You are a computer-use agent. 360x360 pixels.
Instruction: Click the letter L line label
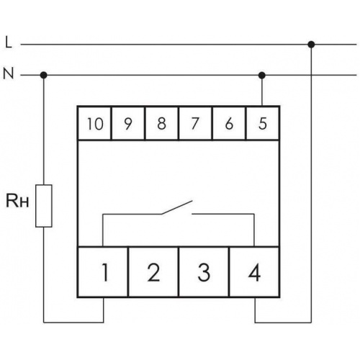pos(9,43)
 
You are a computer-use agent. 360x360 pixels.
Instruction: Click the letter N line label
pos(9,73)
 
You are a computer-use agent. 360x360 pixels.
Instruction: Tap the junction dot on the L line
pos(311,45)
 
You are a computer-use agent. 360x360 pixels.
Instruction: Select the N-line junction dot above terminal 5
pos(262,76)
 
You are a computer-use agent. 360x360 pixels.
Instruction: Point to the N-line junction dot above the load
pos(43,75)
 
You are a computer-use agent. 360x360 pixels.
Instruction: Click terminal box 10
pos(94,123)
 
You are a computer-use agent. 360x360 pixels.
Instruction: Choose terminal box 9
pos(128,123)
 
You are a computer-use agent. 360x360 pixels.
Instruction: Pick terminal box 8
pos(162,123)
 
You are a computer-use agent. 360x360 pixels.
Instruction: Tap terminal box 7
pos(195,123)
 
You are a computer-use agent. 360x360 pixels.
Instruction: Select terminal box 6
pos(229,123)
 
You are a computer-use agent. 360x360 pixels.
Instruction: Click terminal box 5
pos(263,123)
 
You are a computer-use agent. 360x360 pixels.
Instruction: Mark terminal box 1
pos(103,272)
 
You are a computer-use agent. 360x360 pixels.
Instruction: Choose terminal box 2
pos(153,272)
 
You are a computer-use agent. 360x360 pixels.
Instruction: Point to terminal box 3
pos(204,272)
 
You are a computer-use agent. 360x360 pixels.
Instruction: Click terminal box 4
pos(254,272)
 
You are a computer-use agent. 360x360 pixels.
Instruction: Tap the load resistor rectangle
pos(44,206)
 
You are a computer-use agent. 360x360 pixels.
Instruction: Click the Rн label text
pos(17,201)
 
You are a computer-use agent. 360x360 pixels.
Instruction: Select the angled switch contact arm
pos(177,207)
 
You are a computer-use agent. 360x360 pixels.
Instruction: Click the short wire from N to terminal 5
pos(262,91)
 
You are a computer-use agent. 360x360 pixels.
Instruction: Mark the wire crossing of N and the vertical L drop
pos(311,75)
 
